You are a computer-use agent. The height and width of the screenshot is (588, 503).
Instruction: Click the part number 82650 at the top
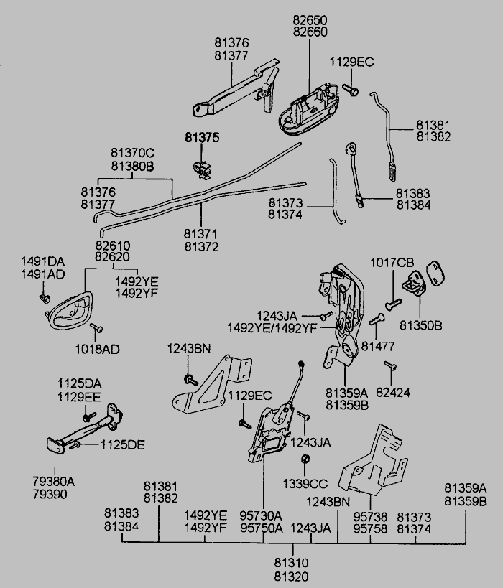pyautogui.click(x=310, y=21)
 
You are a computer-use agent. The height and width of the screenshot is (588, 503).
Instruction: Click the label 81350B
pyautogui.click(x=421, y=325)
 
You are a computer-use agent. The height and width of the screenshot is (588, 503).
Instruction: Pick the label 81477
pyautogui.click(x=378, y=347)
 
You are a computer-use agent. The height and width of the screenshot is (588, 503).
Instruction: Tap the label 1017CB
pyautogui.click(x=392, y=263)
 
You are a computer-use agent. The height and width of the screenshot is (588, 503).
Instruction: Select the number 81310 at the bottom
pyautogui.click(x=290, y=563)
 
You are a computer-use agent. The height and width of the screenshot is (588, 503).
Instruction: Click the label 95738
pyautogui.click(x=370, y=516)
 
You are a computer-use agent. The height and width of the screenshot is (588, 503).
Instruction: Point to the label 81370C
pyautogui.click(x=133, y=153)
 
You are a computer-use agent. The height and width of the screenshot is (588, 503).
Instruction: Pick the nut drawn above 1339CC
pyautogui.click(x=305, y=459)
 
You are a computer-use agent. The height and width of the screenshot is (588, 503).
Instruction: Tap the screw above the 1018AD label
pyautogui.click(x=98, y=329)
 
